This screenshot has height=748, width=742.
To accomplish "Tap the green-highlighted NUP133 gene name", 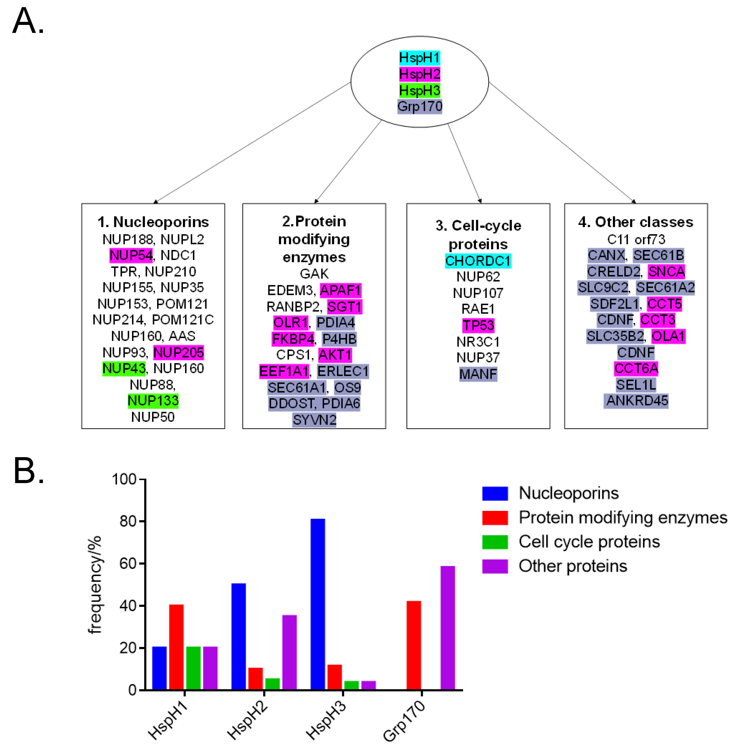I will [153, 401].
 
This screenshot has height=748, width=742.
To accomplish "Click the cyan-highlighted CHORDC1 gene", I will [478, 261].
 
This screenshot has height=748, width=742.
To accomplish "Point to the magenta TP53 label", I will [478, 325].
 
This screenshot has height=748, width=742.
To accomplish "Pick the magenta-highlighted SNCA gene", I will [666, 272].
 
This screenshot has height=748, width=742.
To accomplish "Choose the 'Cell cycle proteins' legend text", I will [589, 542].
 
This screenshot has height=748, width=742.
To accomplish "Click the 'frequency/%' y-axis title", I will [94, 585].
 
